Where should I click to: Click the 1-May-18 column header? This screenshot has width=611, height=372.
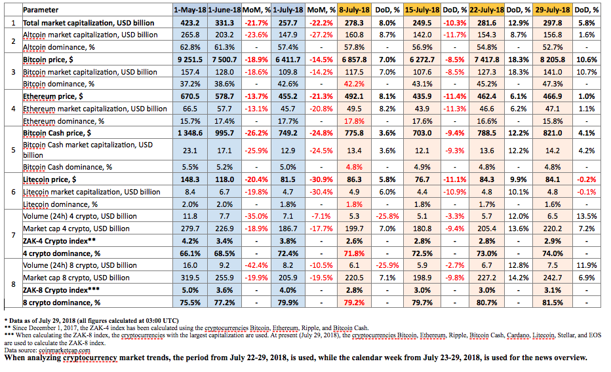190,10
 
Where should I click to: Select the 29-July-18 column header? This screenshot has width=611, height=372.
552,10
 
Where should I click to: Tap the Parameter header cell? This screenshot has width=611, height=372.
41,10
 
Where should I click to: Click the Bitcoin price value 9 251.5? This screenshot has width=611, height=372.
190,60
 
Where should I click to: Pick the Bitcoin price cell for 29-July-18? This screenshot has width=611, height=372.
552,60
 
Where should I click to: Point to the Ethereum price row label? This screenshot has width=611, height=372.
53,96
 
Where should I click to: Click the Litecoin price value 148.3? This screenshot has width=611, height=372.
190,179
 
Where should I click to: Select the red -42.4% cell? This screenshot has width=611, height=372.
256,265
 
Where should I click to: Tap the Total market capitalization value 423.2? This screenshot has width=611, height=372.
190,23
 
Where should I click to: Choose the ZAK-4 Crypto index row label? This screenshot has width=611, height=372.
59,241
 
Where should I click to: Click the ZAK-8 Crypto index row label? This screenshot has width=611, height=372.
61,290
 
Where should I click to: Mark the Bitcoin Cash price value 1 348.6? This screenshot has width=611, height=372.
190,133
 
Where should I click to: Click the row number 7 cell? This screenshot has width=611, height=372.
13,234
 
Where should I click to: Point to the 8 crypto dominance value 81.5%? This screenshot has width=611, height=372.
552,303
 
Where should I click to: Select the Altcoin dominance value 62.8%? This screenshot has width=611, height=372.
190,47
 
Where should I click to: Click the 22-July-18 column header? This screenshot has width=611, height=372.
486,10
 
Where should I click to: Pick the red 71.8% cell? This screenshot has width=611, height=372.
354,253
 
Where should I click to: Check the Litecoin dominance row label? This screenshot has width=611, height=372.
60,204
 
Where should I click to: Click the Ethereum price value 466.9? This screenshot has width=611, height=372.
552,96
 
